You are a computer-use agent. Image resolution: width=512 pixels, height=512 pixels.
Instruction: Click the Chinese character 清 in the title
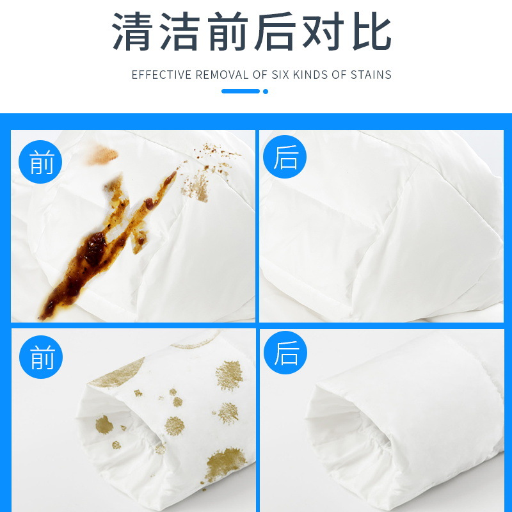(x=132, y=31)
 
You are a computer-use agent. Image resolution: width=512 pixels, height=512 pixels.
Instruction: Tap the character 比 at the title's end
(x=372, y=31)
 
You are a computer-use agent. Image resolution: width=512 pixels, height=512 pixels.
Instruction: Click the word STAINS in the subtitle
(x=371, y=75)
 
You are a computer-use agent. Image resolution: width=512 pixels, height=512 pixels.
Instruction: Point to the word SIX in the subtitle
(x=280, y=75)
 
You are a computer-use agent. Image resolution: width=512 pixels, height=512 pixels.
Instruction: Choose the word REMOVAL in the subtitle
(x=221, y=75)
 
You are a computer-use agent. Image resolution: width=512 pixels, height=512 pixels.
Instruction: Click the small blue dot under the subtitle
(x=266, y=92)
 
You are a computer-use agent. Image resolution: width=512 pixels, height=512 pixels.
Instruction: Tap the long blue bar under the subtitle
(x=241, y=92)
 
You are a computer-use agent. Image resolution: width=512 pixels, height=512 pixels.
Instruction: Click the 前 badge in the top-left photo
(x=40, y=162)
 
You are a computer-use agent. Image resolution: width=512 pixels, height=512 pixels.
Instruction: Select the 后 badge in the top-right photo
(x=285, y=157)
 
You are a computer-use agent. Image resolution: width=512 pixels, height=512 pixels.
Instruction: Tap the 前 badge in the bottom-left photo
(x=41, y=357)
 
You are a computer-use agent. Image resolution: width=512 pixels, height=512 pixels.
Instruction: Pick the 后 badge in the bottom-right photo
(x=285, y=353)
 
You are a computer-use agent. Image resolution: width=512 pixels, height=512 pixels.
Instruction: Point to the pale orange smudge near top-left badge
(x=102, y=155)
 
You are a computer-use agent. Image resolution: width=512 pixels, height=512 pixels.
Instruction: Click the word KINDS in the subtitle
(x=310, y=75)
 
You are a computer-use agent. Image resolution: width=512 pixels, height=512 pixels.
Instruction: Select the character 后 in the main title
(x=276, y=31)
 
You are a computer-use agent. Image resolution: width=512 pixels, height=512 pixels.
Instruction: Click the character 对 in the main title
(x=323, y=31)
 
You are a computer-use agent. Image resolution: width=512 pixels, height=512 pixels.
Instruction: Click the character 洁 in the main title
(x=180, y=31)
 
